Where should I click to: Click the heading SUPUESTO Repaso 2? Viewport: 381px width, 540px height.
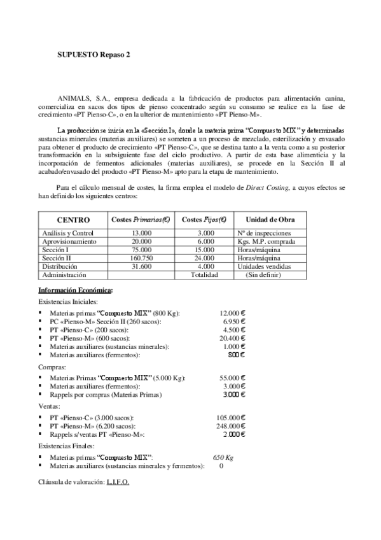pyautogui.click(x=94, y=55)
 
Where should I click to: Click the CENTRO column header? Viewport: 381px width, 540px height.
pyautogui.click(x=73, y=219)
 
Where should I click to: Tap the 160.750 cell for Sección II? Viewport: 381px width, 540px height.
pyautogui.click(x=141, y=259)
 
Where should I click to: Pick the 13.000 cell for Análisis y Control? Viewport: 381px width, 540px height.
pyautogui.click(x=141, y=234)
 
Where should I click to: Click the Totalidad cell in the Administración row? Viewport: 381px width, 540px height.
pyautogui.click(x=205, y=275)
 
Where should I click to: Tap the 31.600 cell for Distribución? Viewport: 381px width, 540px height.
pyautogui.click(x=141, y=267)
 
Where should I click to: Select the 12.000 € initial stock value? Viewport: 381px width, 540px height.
pyautogui.click(x=232, y=314)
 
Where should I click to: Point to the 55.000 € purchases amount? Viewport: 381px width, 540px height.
pyautogui.click(x=232, y=378)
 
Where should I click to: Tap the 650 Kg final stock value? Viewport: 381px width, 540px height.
pyautogui.click(x=223, y=458)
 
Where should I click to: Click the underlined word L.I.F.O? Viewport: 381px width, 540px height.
pyautogui.click(x=116, y=482)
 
